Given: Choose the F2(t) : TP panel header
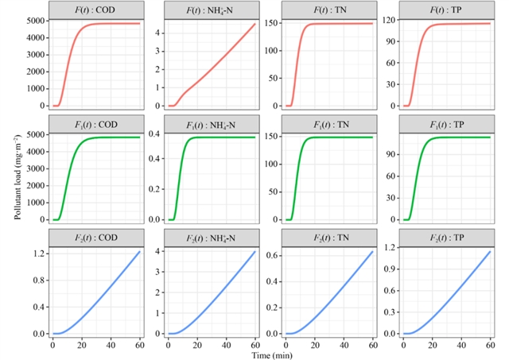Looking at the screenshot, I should tap(447, 238).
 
